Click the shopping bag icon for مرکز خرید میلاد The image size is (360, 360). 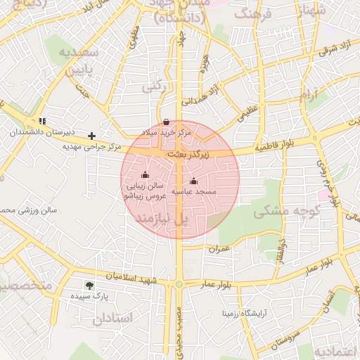165,122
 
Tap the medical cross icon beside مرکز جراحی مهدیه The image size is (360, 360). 91,136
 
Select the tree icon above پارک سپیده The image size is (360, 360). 89,285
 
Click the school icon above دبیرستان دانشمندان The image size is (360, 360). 43,121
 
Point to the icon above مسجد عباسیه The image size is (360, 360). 194,181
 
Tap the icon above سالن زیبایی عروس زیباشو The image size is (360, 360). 146,175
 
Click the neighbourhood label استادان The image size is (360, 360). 111,319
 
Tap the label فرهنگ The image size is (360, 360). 251,13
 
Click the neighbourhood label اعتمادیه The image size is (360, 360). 336,351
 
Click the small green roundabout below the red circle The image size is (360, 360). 179,283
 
